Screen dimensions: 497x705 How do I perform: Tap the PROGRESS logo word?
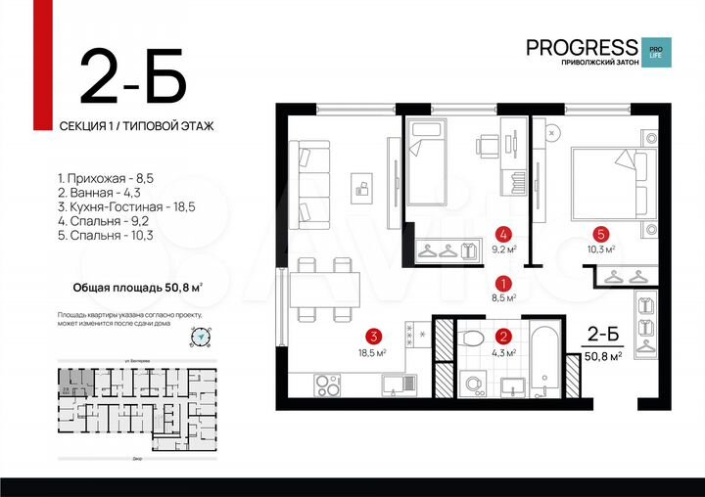[581, 47]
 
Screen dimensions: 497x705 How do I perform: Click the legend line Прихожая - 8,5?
[106, 179]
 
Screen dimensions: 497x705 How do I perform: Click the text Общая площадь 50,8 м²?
[138, 288]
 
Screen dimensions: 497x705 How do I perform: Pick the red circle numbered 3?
[372, 333]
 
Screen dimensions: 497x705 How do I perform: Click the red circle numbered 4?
[503, 234]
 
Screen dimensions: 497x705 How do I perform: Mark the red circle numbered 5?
[601, 234]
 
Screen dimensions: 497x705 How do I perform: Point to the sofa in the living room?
[310, 184]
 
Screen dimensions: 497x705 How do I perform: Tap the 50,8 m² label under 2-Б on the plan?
[603, 357]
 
